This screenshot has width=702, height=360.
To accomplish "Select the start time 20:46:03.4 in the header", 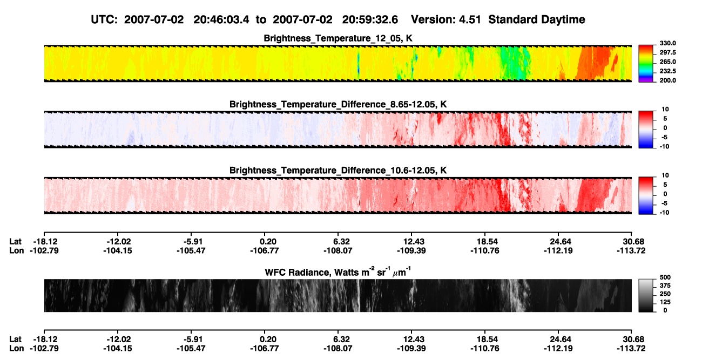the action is click(x=221, y=20).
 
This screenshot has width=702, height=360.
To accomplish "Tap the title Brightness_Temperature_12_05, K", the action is click(x=338, y=38).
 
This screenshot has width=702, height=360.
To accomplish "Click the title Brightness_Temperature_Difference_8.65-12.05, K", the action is click(x=338, y=104).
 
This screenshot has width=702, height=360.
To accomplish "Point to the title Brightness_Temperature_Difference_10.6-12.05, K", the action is click(x=338, y=171).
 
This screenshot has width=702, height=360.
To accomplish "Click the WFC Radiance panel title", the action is click(x=338, y=272).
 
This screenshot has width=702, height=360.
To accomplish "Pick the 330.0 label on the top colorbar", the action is click(x=667, y=43).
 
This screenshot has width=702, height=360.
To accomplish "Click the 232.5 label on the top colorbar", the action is click(x=667, y=71).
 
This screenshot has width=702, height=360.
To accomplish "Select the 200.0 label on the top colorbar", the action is click(x=667, y=80).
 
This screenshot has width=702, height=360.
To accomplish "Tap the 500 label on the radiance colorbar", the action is click(x=665, y=277).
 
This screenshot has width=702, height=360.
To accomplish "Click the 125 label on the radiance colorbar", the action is click(x=665, y=302).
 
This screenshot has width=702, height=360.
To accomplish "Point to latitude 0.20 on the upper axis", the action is click(x=268, y=242).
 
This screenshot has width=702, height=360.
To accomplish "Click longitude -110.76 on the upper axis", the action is click(x=485, y=250).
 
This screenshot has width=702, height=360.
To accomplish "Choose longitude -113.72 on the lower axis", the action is click(x=631, y=349).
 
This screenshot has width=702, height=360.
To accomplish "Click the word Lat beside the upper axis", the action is click(x=15, y=242).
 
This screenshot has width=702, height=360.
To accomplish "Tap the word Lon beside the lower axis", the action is click(x=17, y=349).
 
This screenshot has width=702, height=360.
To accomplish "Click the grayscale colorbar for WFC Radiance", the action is click(x=646, y=295).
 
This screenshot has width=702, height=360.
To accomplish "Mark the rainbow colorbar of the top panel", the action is click(x=646, y=64).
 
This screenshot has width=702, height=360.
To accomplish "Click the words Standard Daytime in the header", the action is click(x=537, y=20).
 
